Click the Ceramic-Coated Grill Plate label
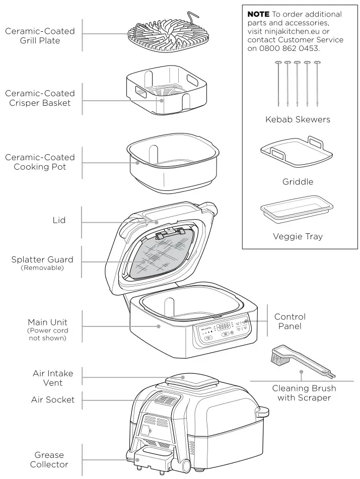click(40, 36)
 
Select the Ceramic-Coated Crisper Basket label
click(40, 98)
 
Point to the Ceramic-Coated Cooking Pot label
click(40, 162)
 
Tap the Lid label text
click(59, 221)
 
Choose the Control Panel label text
click(290, 321)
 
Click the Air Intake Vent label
click(53, 378)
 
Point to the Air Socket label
click(53, 400)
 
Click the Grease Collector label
click(49, 459)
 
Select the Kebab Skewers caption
click(298, 120)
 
